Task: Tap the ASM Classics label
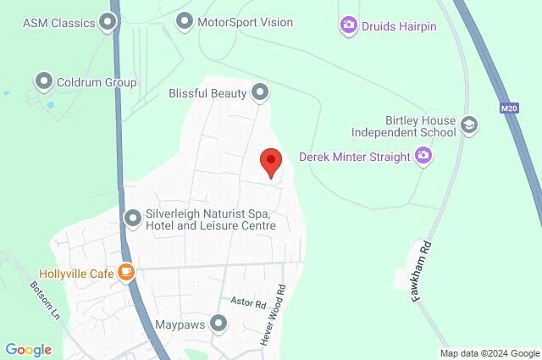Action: [58, 22]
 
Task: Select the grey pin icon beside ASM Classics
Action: [108, 22]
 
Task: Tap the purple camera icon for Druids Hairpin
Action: [348, 26]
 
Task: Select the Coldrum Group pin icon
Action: [43, 81]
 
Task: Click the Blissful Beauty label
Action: [207, 92]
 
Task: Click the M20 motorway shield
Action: [508, 108]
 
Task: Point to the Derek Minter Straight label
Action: [355, 157]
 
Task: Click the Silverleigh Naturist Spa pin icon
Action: [132, 219]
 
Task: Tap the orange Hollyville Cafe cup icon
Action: [125, 273]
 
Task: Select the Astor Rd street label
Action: [248, 302]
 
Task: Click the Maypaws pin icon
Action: [219, 324]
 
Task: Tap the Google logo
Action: [28, 349]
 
